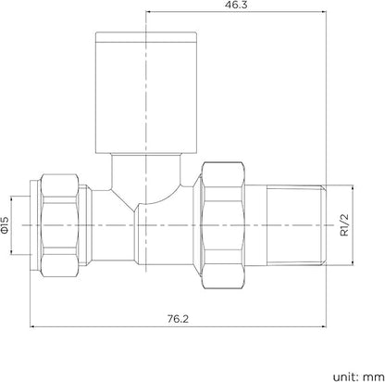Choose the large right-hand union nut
[x=225, y=225]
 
